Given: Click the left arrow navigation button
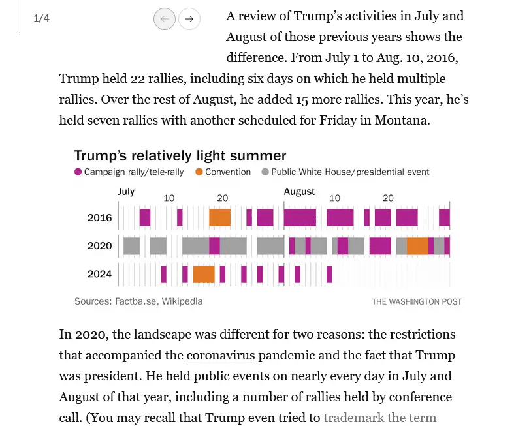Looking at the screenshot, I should (x=165, y=19).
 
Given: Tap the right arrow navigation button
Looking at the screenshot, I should (x=189, y=19).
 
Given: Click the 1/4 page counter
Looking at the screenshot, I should (x=41, y=18).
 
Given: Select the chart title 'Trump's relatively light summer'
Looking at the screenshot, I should (x=180, y=155).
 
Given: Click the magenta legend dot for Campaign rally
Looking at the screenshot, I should (x=78, y=172).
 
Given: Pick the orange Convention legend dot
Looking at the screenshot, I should (x=199, y=172).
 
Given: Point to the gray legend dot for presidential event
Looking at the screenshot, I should (x=265, y=172).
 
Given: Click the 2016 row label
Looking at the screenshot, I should (x=100, y=217).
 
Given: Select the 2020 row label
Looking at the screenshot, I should (x=100, y=246).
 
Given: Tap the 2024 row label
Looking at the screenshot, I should (x=100, y=274).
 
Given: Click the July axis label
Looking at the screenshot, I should (x=126, y=192).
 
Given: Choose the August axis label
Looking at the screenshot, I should (x=299, y=192).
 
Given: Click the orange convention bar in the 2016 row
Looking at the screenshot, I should (x=219, y=217).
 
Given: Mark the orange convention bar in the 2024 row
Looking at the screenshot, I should (x=204, y=274).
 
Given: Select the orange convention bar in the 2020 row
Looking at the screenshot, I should (x=417, y=246).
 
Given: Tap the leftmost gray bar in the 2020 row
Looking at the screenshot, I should (x=131, y=246).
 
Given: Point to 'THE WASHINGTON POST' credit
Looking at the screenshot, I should (x=417, y=302).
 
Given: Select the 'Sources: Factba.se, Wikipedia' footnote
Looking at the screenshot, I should (x=138, y=301).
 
